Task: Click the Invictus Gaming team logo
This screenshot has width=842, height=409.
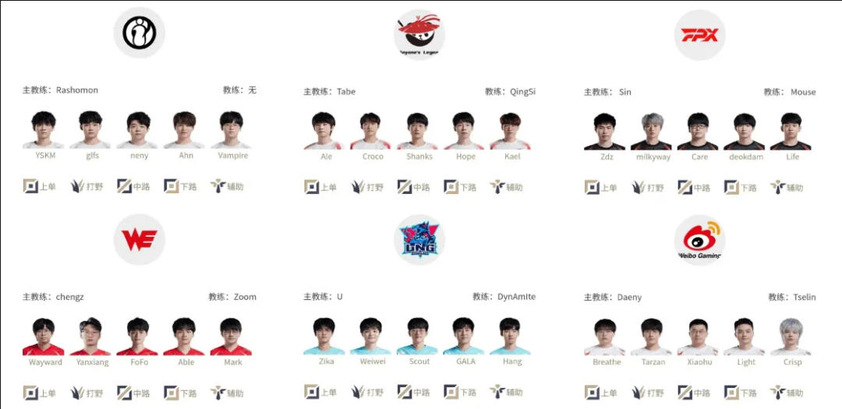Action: coord(139,32)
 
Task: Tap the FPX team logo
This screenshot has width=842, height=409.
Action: coord(700,35)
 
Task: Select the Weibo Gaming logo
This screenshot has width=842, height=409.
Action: coord(700,239)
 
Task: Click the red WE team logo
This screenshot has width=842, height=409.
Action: coord(139,239)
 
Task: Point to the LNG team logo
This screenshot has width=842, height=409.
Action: coord(419,239)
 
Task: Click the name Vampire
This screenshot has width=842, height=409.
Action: coord(233,156)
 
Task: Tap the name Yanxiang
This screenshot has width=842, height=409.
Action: coord(92,362)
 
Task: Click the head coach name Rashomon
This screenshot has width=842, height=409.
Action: coord(77,90)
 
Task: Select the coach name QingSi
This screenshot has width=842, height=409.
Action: coord(522,92)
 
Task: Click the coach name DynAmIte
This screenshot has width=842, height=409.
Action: coord(516,297)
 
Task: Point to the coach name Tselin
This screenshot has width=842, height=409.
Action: coord(803,298)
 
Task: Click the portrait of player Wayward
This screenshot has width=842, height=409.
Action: coord(44,337)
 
